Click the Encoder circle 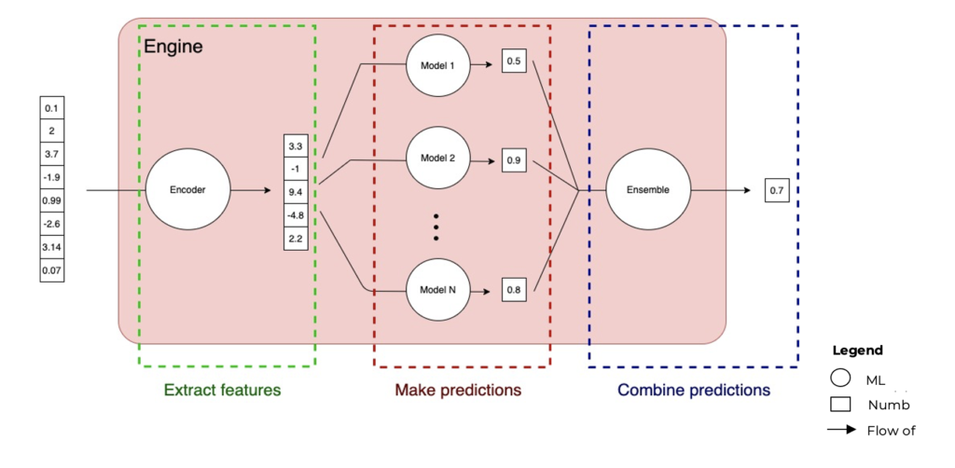[187, 190]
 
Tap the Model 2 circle [433, 158]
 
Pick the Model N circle [433, 290]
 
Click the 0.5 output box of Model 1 [513, 62]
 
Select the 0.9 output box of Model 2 [513, 160]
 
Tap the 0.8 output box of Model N [513, 290]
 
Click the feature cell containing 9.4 [296, 193]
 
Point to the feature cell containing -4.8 [296, 215]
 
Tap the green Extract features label [222, 390]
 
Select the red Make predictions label [457, 390]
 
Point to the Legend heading [857, 351]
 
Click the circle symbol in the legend [839, 379]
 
